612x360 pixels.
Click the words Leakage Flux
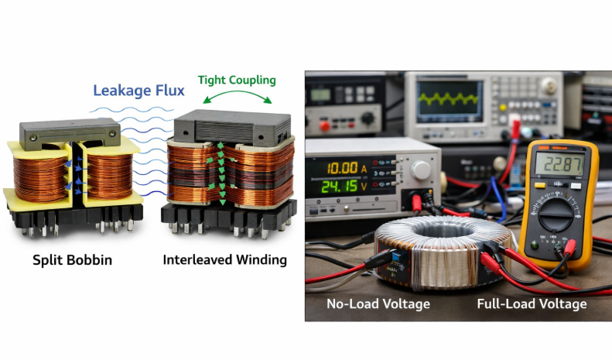tap(138, 91)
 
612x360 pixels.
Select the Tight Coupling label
tap(237, 80)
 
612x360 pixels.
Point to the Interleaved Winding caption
tap(224, 260)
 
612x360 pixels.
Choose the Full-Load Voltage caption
tap(532, 303)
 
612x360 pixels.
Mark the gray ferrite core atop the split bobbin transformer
tap(70, 134)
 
